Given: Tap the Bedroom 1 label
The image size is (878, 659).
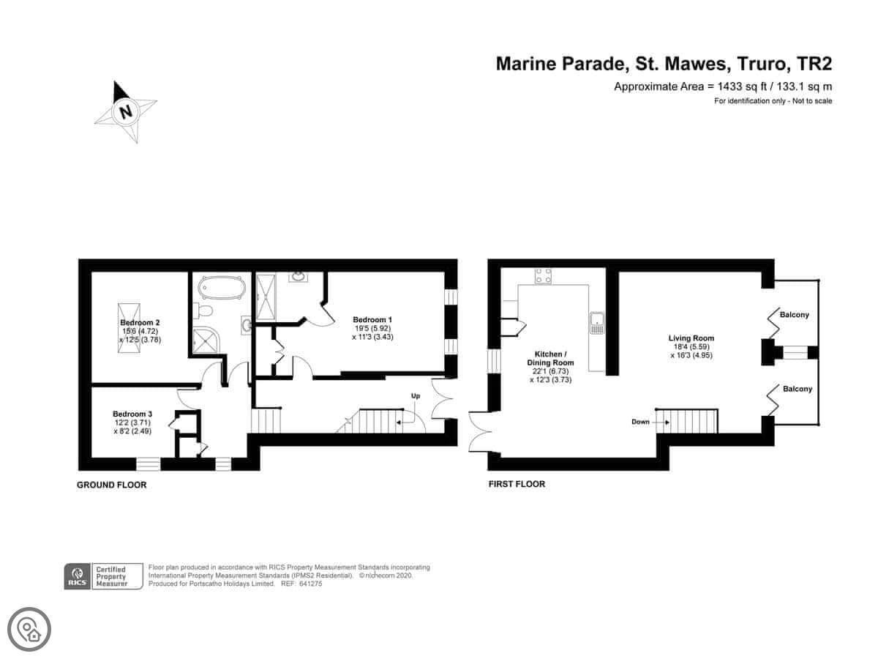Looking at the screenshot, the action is pos(372,320).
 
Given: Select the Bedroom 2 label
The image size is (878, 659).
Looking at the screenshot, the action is pos(140,322).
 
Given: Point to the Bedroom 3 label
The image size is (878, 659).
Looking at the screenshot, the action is pos(132,414).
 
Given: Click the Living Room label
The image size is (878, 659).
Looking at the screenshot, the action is pos(691,338).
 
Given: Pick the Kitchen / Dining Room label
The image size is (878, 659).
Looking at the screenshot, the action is pos(550,359).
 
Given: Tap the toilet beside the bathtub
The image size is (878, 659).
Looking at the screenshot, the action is pos(203,310).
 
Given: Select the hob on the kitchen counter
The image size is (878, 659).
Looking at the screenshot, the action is pos(543,276).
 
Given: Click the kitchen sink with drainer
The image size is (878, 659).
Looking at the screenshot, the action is pos(596,324).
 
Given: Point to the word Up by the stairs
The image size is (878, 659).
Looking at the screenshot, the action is pos(416,395).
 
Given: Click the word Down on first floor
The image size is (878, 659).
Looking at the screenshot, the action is pos(640,422).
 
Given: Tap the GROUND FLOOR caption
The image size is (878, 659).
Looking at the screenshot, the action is pos(112,485).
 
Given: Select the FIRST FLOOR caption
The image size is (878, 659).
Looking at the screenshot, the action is pos(517,484).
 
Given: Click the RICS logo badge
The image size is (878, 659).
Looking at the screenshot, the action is pos(78,576).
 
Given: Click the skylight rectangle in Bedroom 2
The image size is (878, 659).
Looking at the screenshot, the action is pos(129,328).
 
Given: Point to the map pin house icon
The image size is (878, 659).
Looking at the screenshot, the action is pos(29,630).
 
